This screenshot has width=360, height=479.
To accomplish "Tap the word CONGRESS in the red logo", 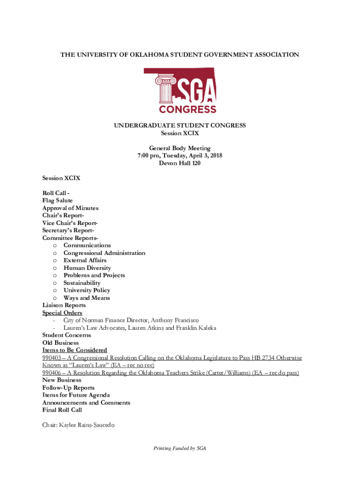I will (187, 109).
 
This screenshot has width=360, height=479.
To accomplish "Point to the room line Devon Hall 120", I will (180, 163).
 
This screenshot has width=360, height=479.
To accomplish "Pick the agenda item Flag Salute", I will (58, 200).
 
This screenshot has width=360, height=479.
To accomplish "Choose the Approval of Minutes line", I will (70, 208).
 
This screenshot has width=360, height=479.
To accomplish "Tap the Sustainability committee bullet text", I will (82, 283).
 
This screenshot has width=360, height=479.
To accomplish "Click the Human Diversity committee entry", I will (87, 268).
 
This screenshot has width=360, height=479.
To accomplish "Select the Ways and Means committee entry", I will (87, 298).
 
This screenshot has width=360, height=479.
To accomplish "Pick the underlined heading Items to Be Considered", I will (75, 350).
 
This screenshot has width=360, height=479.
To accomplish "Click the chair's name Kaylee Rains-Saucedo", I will (88, 425).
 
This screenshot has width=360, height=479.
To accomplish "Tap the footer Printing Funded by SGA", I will (180, 448).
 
